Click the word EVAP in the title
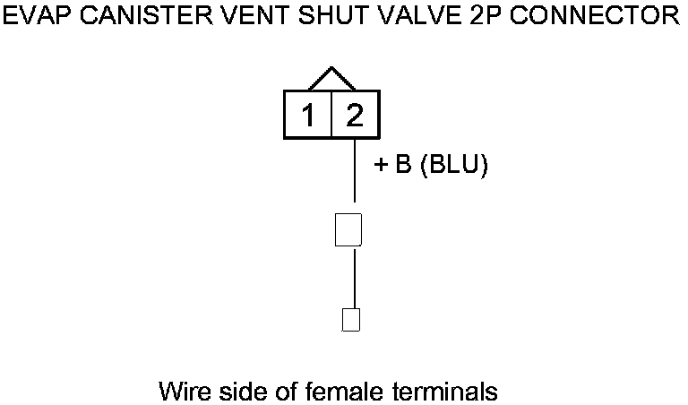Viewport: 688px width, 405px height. (35, 15)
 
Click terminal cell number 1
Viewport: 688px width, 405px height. (307, 115)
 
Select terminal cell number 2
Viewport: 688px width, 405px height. (355, 115)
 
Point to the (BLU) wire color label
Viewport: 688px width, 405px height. (453, 168)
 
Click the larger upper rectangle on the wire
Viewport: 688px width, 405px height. (348, 228)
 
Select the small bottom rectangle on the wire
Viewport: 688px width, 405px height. (351, 319)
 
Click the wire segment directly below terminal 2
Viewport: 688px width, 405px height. (355, 170)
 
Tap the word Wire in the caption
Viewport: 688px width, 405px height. (184, 392)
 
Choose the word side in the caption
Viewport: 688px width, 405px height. (239, 392)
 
